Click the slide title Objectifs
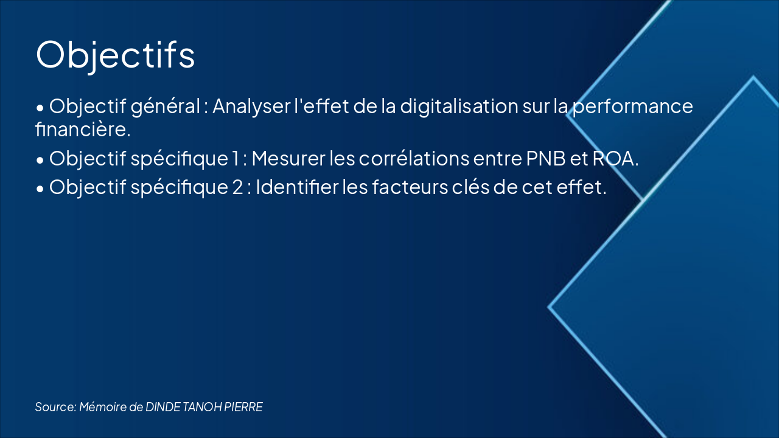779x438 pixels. (x=116, y=55)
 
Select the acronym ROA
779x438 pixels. (x=614, y=159)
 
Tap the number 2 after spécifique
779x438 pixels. (x=237, y=187)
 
